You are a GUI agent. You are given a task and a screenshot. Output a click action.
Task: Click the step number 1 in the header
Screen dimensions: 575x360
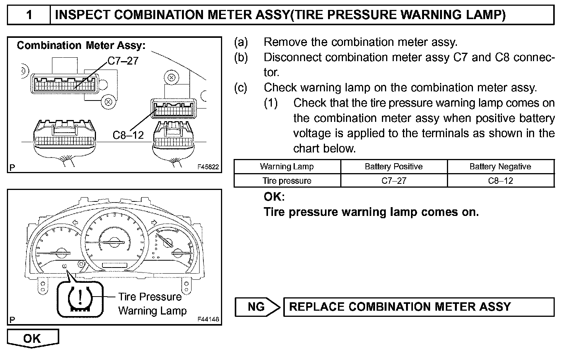pos(29,15)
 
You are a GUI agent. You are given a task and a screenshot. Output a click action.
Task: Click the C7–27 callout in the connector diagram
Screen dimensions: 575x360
pos(123,61)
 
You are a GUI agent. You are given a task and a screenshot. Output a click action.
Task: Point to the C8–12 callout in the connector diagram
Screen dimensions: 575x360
pos(128,135)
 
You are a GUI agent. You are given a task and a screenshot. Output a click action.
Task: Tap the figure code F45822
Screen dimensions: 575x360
pos(208,167)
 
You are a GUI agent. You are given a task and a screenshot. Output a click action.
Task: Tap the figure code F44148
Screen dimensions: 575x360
pos(208,319)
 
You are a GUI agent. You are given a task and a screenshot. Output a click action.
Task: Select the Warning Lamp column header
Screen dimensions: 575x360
pos(287,167)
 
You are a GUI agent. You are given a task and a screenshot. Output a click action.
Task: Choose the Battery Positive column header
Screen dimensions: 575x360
pos(393,167)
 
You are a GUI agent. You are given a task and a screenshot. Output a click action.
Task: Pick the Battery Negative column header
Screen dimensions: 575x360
pos(500,167)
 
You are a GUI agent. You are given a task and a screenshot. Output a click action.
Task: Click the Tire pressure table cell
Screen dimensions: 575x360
pos(287,181)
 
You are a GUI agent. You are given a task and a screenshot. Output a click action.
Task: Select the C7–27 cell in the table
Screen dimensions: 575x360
pos(393,181)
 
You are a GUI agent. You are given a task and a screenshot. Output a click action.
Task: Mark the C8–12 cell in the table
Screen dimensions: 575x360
pos(500,181)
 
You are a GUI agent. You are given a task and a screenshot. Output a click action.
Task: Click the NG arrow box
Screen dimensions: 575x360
pos(257,307)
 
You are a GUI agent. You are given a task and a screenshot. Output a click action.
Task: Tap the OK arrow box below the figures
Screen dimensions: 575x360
pos(32,338)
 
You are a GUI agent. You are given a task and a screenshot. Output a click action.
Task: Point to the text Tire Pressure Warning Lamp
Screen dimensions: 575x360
pos(151,304)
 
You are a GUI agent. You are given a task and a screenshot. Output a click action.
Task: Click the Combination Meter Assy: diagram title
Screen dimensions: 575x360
pos(81,45)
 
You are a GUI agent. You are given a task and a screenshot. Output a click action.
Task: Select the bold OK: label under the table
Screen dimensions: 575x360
pos(274,197)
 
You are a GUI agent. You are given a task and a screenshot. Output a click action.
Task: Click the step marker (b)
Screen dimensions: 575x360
pos(241,57)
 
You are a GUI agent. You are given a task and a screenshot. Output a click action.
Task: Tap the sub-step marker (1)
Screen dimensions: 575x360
pos(271,103)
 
